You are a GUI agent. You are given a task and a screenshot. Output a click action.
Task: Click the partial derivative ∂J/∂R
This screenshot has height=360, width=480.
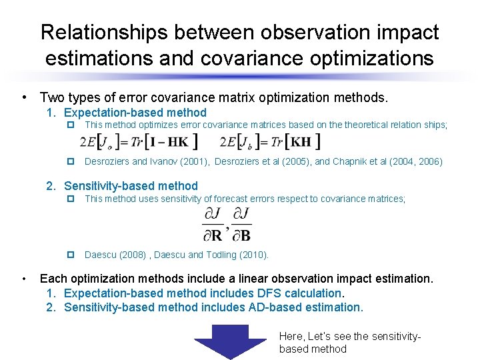tap(213, 224)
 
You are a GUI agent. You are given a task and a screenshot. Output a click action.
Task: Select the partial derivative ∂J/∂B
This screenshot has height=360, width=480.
tap(241, 224)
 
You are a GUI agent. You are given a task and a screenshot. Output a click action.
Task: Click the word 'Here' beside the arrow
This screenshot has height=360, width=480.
tap(291, 336)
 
